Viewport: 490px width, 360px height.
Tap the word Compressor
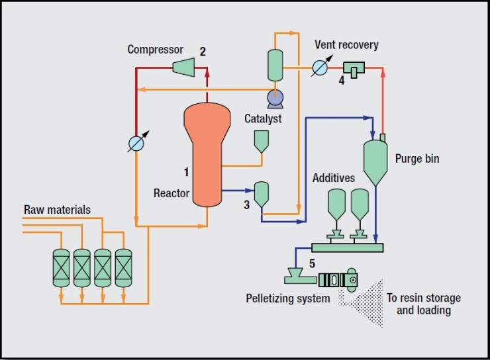pyautogui.click(x=155, y=50)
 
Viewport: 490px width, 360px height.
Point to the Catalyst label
pyautogui.click(x=263, y=119)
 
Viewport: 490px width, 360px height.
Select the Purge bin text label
pyautogui.click(x=416, y=159)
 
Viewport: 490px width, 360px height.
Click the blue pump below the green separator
pyautogui.click(x=275, y=99)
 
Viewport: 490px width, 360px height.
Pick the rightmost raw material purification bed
pyautogui.click(x=123, y=267)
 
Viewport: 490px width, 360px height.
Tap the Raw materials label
pyautogui.click(x=58, y=210)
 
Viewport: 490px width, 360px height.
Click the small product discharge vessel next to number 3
pyautogui.click(x=262, y=193)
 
